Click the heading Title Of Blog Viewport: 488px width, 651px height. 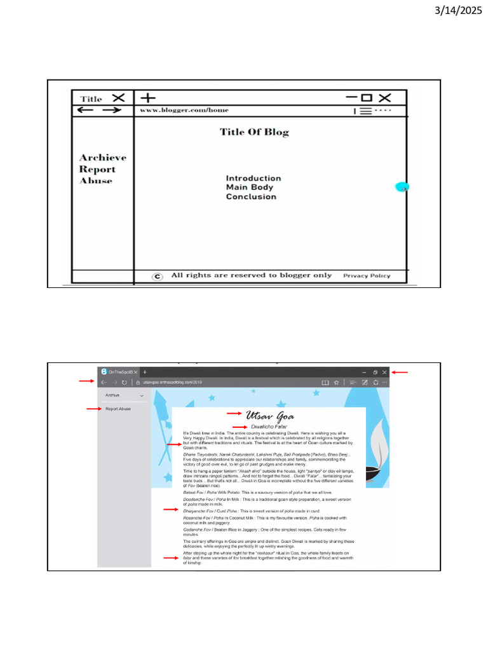pos(254,132)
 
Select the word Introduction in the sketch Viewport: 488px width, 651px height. pos(253,179)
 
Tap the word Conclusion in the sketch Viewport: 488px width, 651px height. pos(251,197)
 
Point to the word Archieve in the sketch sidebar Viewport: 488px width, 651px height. pos(102,158)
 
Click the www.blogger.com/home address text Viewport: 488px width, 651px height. pos(184,110)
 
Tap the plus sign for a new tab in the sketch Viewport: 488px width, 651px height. pos(147,98)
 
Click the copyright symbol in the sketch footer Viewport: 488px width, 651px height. pos(158,276)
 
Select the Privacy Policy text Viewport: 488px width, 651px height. pos(367,276)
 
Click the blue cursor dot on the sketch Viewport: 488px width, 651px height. pos(402,187)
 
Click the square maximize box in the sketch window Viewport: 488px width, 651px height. pos(366,98)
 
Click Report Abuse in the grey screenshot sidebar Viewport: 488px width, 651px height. pos(118,409)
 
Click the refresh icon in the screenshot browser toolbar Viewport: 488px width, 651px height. pos(124,383)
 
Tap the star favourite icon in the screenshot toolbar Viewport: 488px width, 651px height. pos(336,383)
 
